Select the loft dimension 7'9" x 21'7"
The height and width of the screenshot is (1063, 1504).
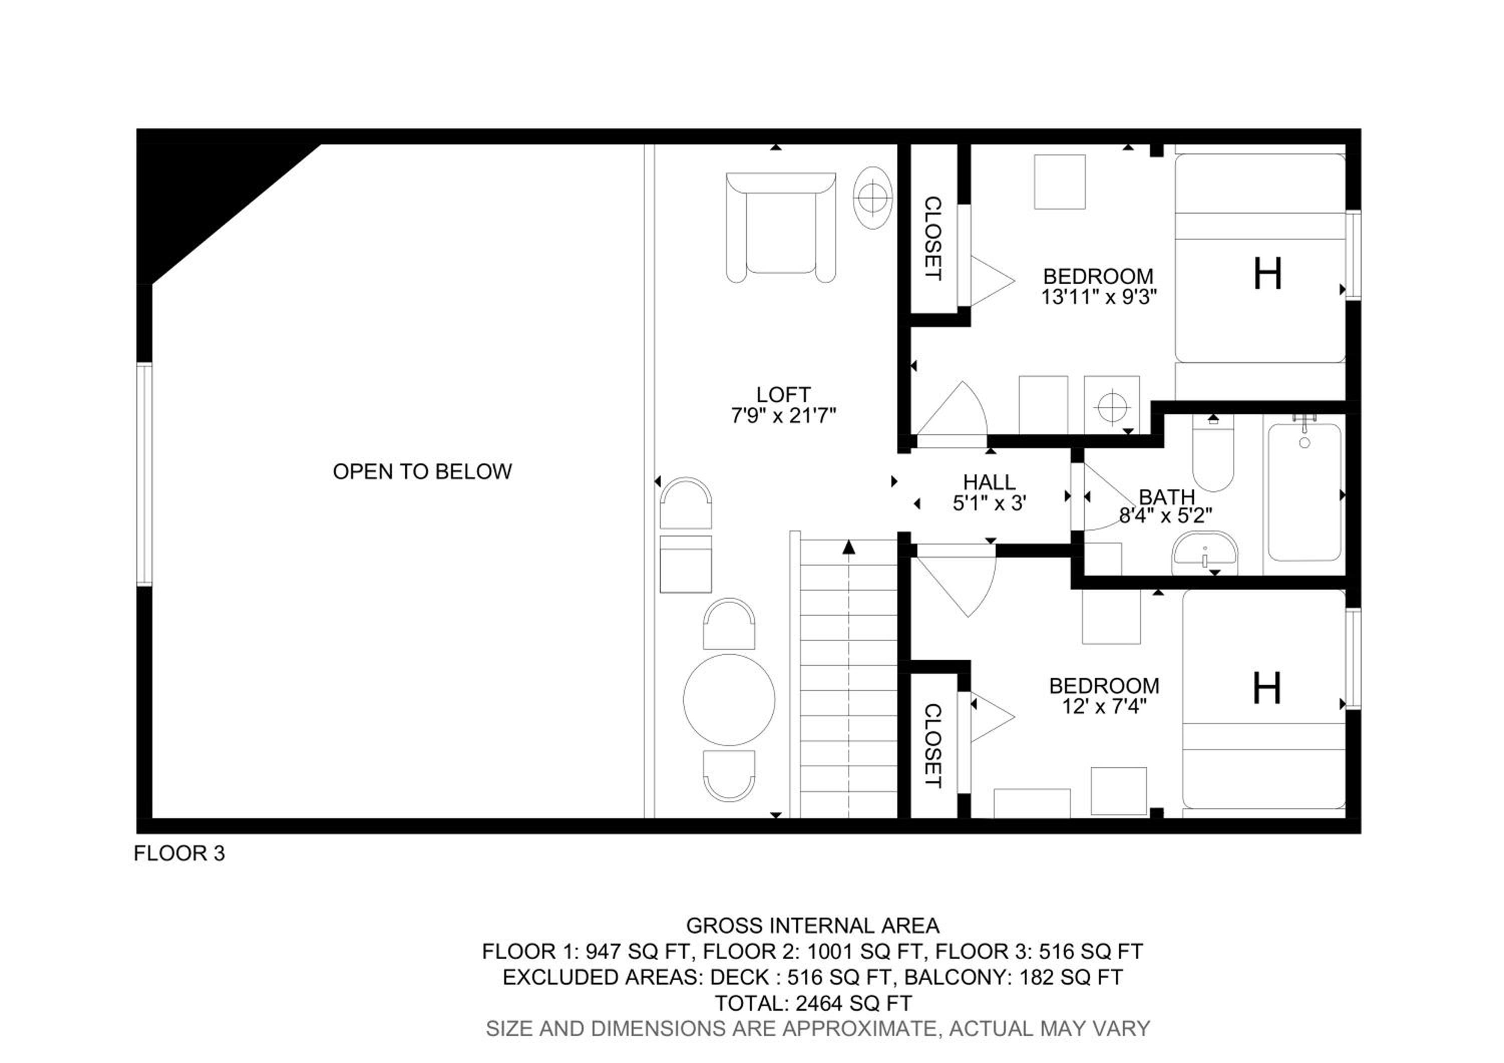click(784, 415)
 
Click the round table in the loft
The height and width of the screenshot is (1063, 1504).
click(729, 699)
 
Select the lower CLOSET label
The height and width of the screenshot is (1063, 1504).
click(933, 745)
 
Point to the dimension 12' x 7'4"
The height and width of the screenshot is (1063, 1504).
click(1104, 706)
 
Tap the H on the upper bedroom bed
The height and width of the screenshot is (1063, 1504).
click(1267, 274)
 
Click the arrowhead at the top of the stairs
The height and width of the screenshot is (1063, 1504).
click(849, 547)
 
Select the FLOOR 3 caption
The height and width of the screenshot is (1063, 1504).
click(179, 853)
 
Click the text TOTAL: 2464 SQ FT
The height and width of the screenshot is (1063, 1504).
click(813, 1003)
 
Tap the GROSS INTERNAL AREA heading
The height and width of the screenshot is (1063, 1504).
click(813, 926)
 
